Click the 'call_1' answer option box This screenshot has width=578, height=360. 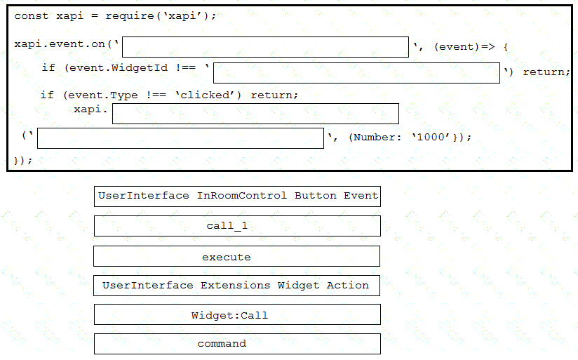(237, 226)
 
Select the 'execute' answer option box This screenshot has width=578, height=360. (236, 257)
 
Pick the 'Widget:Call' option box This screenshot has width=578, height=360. (237, 315)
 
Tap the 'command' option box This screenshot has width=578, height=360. (237, 344)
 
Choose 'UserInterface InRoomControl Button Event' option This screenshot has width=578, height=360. (237, 196)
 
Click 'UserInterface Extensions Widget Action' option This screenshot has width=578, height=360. (237, 286)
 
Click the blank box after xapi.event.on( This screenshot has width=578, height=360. (265, 47)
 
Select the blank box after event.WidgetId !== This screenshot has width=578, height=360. (356, 72)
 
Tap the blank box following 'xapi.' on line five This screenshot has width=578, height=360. (255, 114)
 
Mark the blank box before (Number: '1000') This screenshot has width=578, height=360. (180, 138)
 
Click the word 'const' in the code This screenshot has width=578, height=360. (30, 15)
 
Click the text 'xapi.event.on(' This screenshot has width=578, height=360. (67, 44)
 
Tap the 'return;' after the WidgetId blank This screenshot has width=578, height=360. (546, 72)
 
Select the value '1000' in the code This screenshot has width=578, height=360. (431, 138)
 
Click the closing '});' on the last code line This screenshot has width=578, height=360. (23, 160)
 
